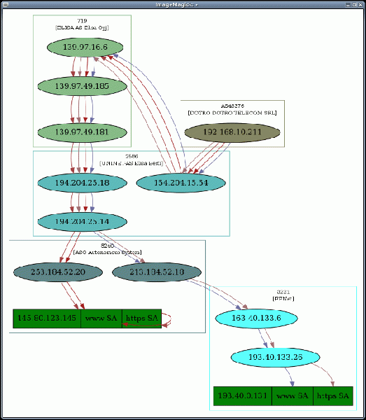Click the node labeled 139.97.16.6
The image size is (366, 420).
point(85,48)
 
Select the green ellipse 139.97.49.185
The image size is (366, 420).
point(82,86)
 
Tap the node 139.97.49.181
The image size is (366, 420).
point(82,132)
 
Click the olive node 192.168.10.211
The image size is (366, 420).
point(232,132)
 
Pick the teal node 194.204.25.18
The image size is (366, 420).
point(82,183)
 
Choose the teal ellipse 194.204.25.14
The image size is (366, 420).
point(82,222)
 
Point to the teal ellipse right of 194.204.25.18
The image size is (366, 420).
point(181,183)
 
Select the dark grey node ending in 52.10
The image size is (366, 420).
point(157,272)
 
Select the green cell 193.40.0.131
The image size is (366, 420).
point(242,396)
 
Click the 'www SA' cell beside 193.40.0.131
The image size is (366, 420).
point(292,396)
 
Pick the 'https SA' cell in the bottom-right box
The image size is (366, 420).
point(332,396)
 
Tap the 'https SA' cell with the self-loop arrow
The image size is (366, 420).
point(142,318)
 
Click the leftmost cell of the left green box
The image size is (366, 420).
point(46,318)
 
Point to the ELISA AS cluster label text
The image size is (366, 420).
point(82,27)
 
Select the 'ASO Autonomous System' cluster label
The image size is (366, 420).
point(107,251)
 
